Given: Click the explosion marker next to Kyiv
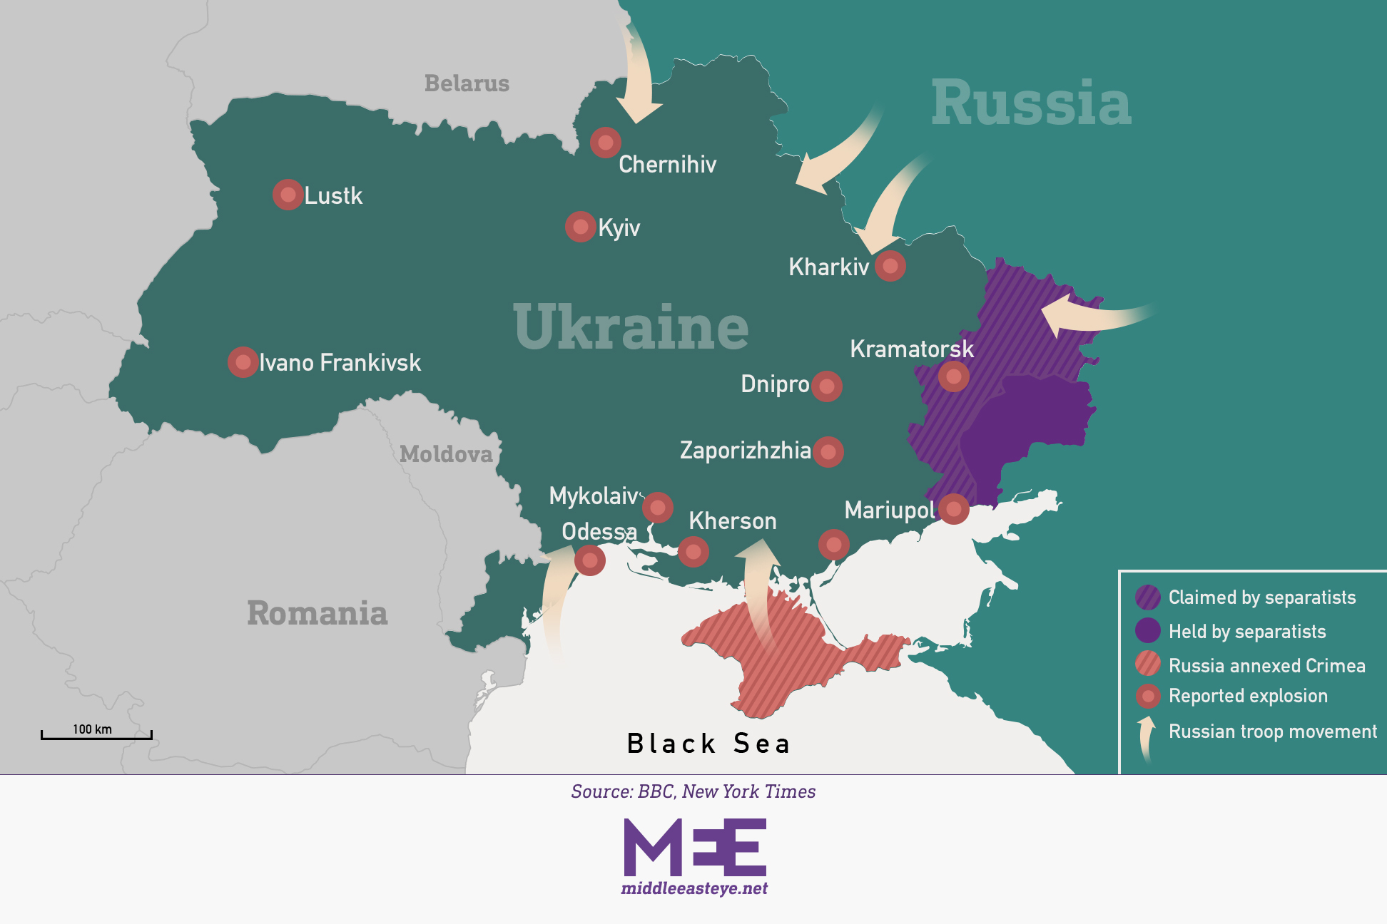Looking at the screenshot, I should click(x=581, y=227).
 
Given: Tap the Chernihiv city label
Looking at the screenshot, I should click(x=667, y=165).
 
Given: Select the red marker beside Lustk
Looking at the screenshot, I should click(x=288, y=195).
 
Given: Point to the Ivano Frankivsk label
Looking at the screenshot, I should click(x=340, y=362).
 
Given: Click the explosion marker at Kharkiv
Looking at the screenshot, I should click(x=890, y=266).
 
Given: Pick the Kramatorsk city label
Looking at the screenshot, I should click(x=911, y=349).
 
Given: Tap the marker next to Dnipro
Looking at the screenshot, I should click(x=827, y=386).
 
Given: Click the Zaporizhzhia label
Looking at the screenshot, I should click(x=745, y=451).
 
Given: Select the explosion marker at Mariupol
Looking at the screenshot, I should click(x=954, y=509).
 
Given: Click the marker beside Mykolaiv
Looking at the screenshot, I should click(x=658, y=508).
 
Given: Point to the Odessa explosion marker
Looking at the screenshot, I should click(x=590, y=560).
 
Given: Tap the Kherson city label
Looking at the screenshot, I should click(x=732, y=521).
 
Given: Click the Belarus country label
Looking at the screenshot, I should click(x=467, y=83).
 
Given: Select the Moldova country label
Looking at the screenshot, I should click(x=446, y=454).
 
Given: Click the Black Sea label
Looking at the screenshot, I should click(x=708, y=744).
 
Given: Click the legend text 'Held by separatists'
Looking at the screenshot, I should click(x=1246, y=632).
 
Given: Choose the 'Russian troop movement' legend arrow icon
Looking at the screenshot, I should click(x=1147, y=738).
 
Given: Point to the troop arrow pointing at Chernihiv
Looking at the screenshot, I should click(x=637, y=78).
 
